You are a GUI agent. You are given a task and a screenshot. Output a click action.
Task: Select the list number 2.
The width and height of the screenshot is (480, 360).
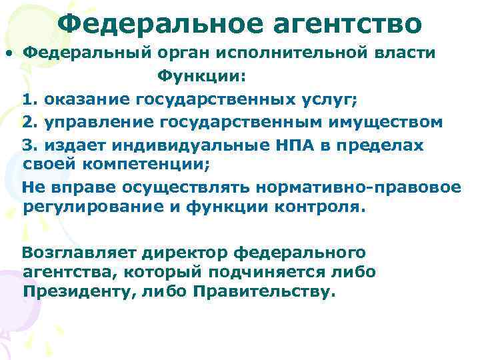[27, 122]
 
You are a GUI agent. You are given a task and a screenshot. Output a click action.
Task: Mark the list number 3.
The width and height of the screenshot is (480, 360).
[27, 145]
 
